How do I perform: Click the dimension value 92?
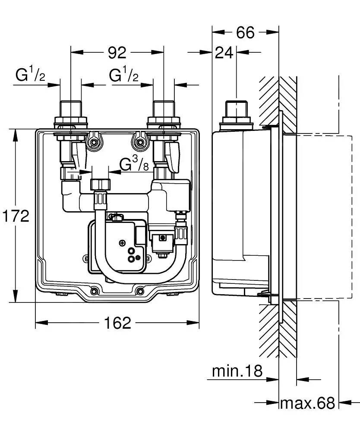[117, 52]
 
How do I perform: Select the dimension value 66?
[245, 32]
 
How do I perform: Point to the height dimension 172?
[15, 216]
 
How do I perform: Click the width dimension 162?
[117, 322]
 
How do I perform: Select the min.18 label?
[237, 371]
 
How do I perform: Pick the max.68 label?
[307, 403]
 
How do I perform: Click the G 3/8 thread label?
[134, 165]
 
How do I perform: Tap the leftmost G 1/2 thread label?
[30, 76]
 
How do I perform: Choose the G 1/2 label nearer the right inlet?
[124, 76]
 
